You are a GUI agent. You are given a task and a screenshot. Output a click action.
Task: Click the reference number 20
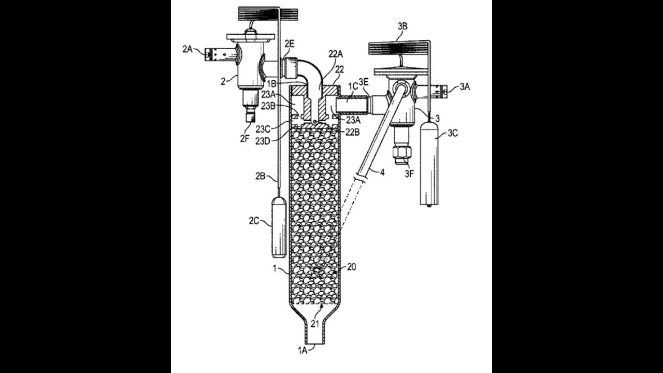(352, 267)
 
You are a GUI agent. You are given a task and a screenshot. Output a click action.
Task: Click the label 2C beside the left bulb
(254, 220)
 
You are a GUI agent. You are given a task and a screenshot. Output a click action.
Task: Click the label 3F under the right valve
(409, 174)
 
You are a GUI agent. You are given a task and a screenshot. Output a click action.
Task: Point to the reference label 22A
(336, 54)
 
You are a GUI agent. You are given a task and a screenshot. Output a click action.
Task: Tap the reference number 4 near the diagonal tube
(382, 173)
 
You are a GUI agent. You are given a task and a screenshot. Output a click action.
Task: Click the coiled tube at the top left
(268, 13)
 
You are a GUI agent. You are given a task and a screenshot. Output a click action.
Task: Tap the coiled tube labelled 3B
(398, 48)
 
